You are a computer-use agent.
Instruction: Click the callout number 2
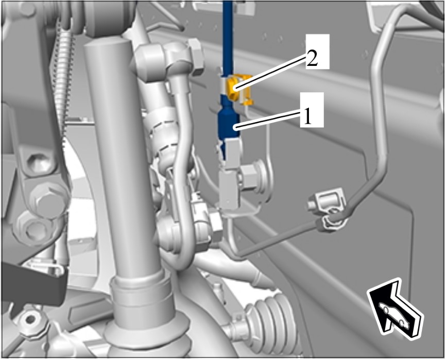click(x=312, y=59)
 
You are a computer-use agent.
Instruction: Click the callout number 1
click(x=307, y=117)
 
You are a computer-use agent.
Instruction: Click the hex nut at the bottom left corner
click(x=30, y=320)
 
